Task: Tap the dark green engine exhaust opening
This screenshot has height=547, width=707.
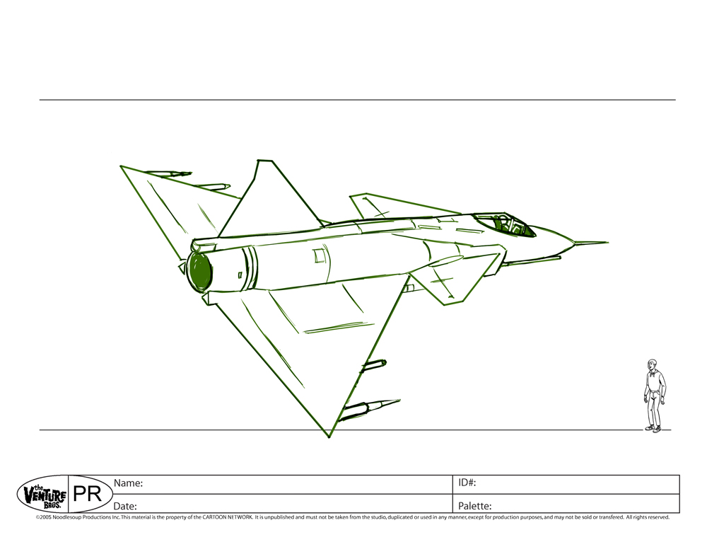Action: [200, 271]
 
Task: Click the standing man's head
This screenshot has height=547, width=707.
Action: [652, 367]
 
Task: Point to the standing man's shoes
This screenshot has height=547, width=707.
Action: [654, 428]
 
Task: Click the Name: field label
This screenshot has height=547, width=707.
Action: [129, 483]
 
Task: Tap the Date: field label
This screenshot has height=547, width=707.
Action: [126, 505]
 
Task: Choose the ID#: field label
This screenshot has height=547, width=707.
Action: [467, 483]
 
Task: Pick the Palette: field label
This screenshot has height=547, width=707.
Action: [475, 505]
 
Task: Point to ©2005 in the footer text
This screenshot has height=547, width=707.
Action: [44, 517]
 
